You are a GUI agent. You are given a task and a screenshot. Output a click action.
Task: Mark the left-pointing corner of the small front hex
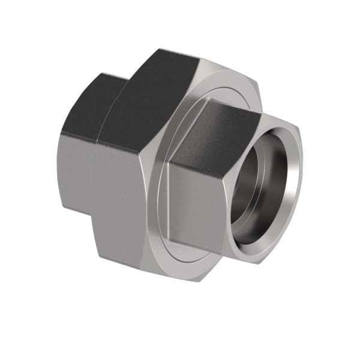pyautogui.click(x=169, y=162)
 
